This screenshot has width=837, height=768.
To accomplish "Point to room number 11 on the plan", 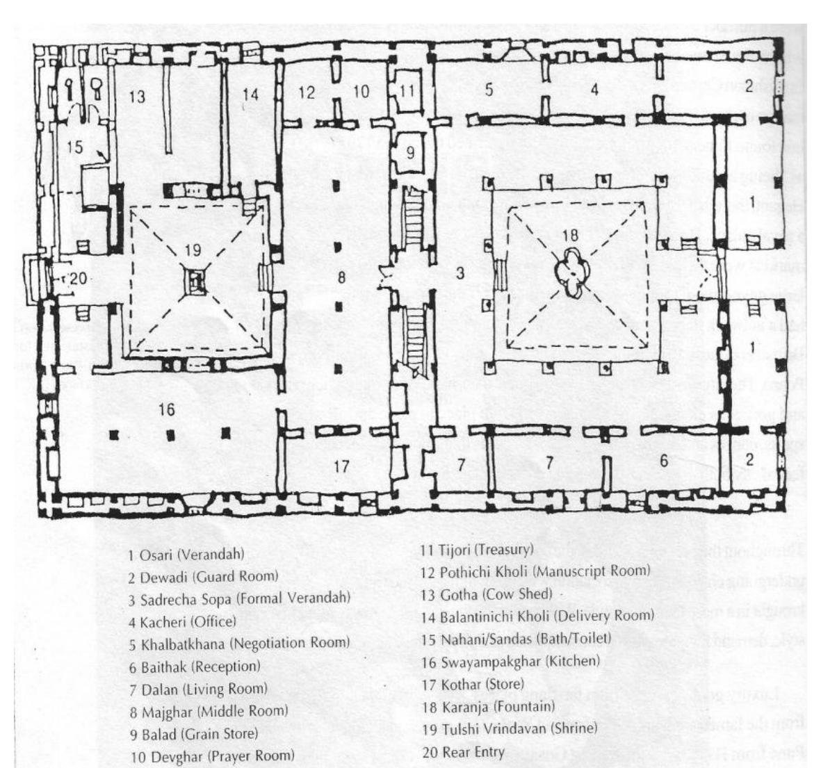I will [x=407, y=89].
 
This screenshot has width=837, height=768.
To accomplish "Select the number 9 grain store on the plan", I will [x=409, y=152].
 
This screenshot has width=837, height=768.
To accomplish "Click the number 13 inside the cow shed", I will [x=137, y=96].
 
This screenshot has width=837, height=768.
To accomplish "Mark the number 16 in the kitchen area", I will [x=166, y=410].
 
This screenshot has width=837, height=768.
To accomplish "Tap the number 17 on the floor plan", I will [x=341, y=466].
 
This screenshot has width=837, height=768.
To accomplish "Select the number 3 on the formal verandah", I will [x=460, y=273].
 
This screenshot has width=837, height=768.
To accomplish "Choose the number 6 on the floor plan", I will [x=664, y=460].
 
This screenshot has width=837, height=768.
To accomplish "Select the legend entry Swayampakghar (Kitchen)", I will [x=510, y=661].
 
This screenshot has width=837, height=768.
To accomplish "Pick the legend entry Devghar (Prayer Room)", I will [x=212, y=755].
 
